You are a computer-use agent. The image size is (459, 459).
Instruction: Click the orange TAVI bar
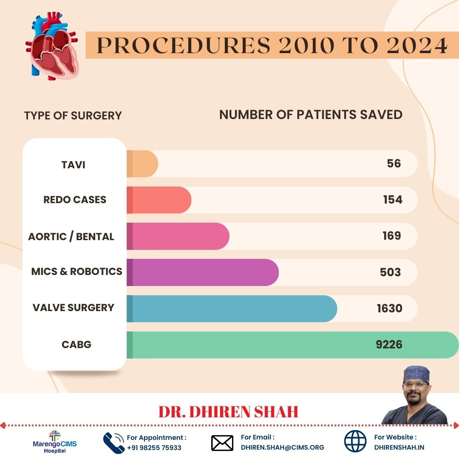tap(143, 164)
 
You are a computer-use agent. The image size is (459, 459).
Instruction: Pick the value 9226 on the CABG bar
tap(389, 345)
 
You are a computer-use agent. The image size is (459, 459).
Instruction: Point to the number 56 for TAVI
tap(394, 164)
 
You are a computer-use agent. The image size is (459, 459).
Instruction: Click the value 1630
tap(389, 309)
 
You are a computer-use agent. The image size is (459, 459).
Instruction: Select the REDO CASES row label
tap(75, 200)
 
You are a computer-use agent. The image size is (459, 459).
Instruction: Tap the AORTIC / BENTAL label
tap(71, 237)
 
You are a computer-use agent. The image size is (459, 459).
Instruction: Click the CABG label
tap(76, 345)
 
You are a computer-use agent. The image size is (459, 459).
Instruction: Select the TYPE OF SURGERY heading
tap(73, 116)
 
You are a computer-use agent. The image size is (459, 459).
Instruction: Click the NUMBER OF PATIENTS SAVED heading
tap(311, 115)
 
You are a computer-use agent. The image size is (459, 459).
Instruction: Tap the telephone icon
tap(113, 442)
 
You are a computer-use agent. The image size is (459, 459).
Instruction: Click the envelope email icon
tap(222, 443)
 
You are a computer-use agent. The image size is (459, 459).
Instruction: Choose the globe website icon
tap(355, 442)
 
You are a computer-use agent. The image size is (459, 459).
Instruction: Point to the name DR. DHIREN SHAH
tap(228, 411)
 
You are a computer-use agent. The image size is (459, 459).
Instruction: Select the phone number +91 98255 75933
tap(154, 448)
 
